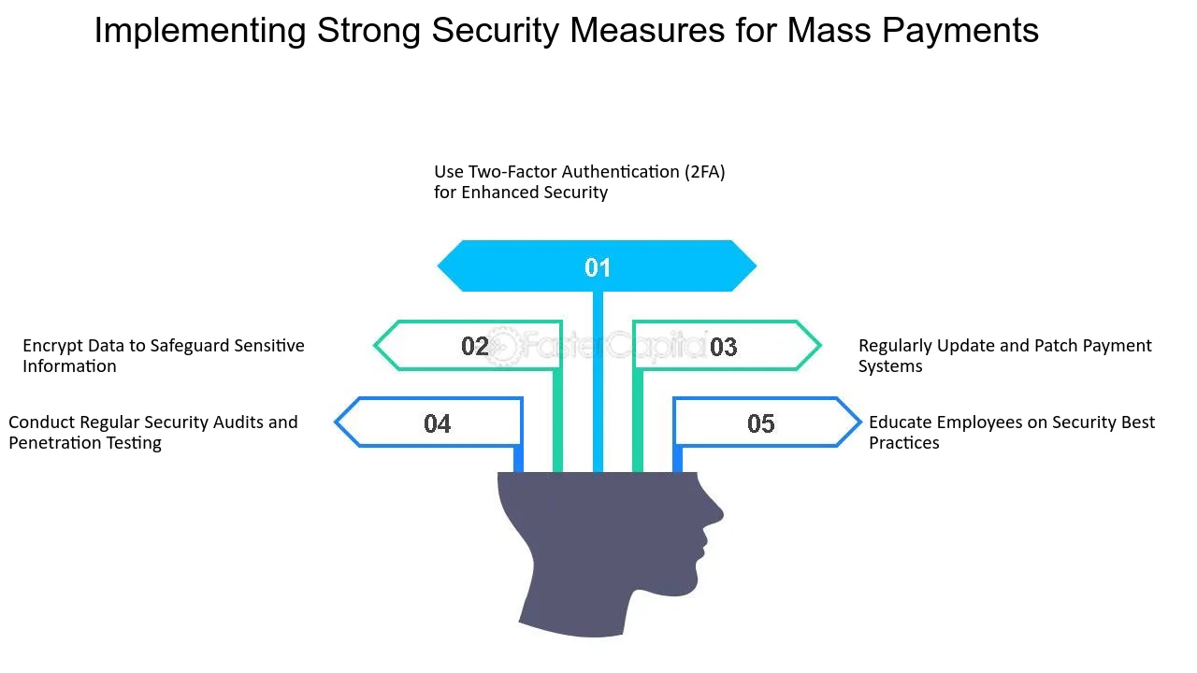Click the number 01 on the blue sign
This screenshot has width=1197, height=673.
(x=598, y=268)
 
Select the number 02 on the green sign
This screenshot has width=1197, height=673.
(x=475, y=347)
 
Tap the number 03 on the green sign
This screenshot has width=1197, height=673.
(x=723, y=348)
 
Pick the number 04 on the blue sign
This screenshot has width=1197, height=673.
(x=438, y=424)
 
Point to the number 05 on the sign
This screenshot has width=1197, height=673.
(x=761, y=424)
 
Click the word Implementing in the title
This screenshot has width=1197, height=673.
(x=200, y=31)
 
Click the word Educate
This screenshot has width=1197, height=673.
(x=901, y=422)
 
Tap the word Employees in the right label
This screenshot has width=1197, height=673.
(x=978, y=422)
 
